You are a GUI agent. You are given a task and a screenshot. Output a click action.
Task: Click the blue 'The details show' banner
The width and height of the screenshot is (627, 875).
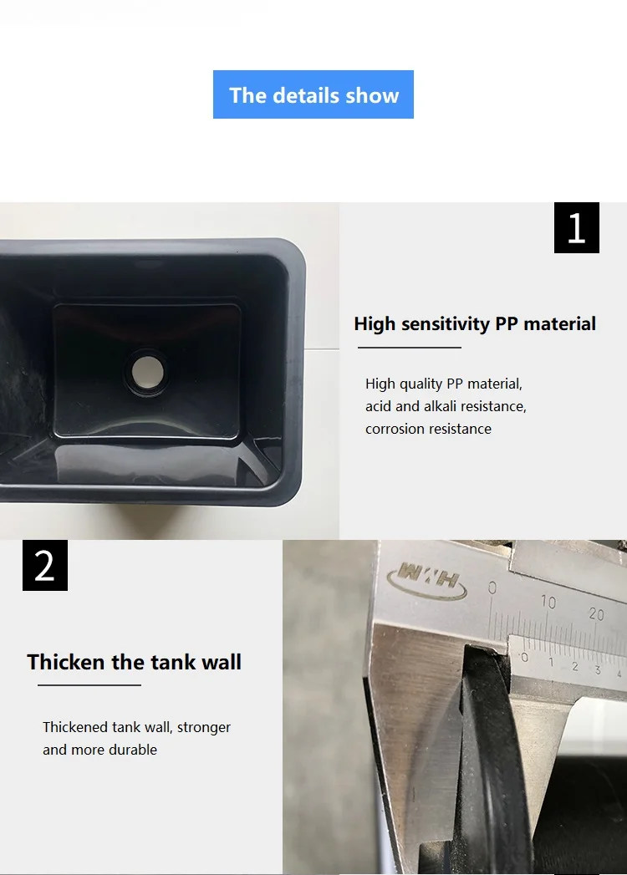[313, 94]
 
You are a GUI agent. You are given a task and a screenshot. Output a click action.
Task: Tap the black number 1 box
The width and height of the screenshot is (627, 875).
[576, 227]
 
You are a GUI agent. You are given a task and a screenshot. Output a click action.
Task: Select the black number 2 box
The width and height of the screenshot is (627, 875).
[45, 565]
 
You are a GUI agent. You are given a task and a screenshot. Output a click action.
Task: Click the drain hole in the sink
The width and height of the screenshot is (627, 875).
[148, 372]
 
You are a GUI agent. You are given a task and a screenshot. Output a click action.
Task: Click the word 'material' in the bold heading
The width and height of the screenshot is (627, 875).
[560, 323]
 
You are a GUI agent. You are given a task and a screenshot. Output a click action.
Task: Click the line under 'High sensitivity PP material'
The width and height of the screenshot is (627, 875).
[410, 347]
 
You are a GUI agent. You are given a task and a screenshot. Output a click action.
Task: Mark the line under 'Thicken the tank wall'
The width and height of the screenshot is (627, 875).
[89, 684]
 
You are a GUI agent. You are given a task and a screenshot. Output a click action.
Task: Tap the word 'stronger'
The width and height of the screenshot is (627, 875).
[204, 728]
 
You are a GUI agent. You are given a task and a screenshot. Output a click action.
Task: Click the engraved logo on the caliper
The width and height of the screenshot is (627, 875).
[427, 580]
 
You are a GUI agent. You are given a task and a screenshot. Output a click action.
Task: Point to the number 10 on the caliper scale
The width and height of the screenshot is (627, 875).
[548, 602]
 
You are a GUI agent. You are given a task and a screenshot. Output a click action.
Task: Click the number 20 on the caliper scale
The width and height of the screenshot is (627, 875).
[596, 614]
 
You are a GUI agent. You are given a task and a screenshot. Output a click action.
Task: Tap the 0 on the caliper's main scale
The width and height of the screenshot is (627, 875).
[492, 588]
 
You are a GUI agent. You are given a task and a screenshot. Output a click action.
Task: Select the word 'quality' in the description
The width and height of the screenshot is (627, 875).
[421, 384]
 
